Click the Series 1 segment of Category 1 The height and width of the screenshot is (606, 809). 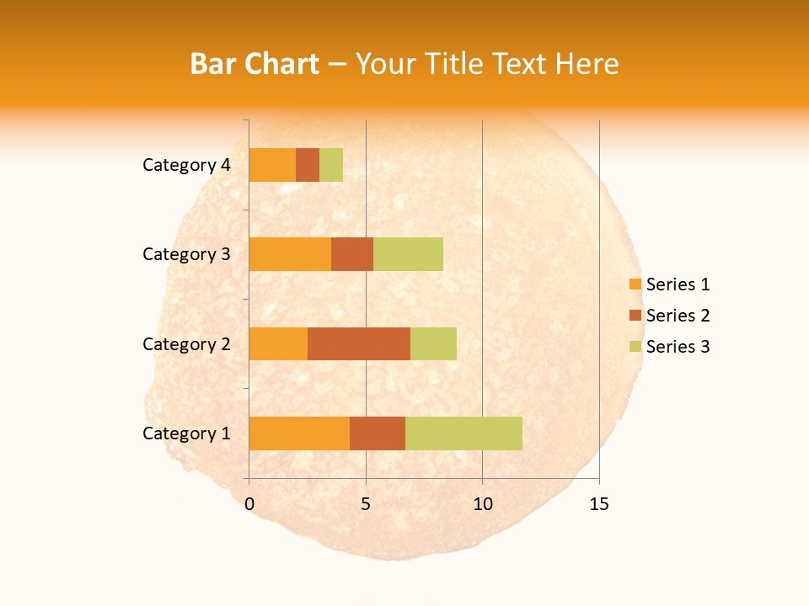299,433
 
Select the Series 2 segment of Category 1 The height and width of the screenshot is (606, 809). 378,433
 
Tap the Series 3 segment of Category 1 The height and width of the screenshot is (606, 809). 463,433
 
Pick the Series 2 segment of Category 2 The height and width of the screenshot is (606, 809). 359,343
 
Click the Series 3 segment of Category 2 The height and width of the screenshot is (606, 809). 433,343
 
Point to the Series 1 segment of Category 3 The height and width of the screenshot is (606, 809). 290,254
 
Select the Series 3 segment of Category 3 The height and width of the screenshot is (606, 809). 408,254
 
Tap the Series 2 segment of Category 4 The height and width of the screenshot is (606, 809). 308,165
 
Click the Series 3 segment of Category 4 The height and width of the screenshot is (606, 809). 331,165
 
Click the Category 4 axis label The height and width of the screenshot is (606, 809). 186,165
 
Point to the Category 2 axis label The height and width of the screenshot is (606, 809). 186,343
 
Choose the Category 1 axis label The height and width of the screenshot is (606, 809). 186,433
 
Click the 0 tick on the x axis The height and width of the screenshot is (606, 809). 249,504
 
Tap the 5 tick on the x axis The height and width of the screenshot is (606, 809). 366,504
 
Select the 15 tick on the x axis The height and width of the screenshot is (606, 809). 598,504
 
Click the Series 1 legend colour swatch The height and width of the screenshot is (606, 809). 635,284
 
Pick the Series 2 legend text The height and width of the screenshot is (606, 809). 678,316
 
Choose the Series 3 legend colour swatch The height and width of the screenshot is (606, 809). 635,347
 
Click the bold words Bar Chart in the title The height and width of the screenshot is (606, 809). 254,64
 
